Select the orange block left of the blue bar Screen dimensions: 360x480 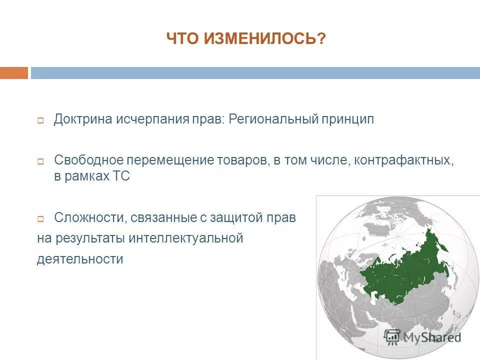tap(14, 73)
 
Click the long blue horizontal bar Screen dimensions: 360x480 tap(255, 73)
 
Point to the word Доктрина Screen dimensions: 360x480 tap(84, 120)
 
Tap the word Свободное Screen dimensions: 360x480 tap(88, 161)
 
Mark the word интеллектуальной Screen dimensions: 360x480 tap(185, 238)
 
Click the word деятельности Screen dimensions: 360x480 tap(80, 259)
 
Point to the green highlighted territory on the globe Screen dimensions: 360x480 tap(405, 270)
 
